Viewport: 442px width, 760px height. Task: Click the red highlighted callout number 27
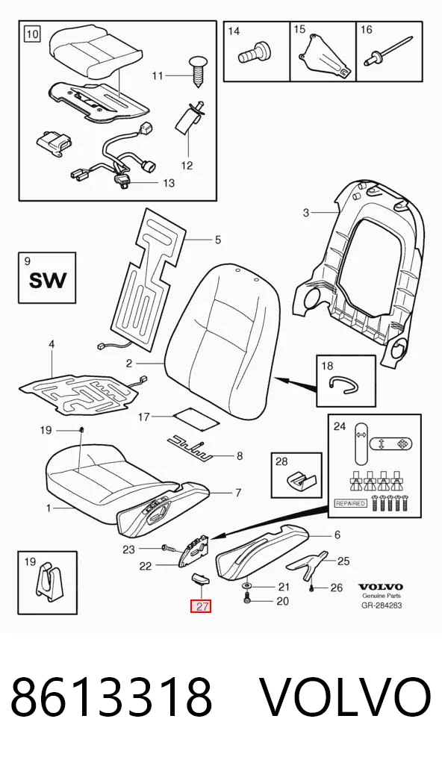pyautogui.click(x=201, y=606)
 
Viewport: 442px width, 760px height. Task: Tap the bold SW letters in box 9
pyautogui.click(x=48, y=280)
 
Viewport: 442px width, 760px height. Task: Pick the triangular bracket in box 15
pyautogui.click(x=323, y=55)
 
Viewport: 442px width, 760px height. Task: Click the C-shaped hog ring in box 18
pyautogui.click(x=343, y=384)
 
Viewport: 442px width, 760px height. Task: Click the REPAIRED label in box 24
pyautogui.click(x=351, y=504)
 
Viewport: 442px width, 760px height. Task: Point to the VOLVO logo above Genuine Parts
pyautogui.click(x=381, y=587)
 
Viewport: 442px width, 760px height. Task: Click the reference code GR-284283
pyautogui.click(x=382, y=605)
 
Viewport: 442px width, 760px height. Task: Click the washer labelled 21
pyautogui.click(x=248, y=587)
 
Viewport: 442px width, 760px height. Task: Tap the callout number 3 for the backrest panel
pyautogui.click(x=306, y=212)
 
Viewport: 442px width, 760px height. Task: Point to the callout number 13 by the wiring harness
pyautogui.click(x=168, y=183)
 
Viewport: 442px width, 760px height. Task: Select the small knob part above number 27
pyautogui.click(x=199, y=578)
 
